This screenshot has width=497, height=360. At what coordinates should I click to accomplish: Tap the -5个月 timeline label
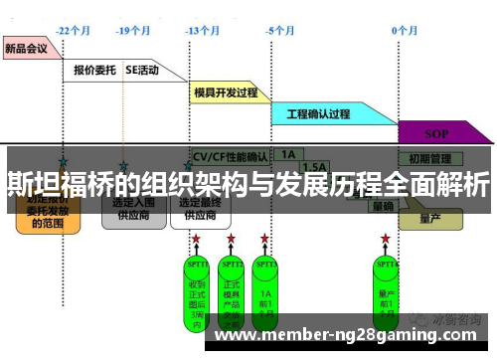tap(280, 31)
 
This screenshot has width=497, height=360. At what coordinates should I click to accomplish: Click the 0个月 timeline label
tap(405, 31)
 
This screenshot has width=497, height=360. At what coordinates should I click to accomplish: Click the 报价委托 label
tap(95, 71)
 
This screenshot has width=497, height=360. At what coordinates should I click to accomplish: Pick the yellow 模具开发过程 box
tap(228, 92)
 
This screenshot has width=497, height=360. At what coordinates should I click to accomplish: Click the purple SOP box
tap(436, 133)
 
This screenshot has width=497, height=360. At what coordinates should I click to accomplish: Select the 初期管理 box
tap(428, 157)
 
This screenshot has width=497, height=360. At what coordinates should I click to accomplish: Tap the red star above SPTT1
tap(196, 240)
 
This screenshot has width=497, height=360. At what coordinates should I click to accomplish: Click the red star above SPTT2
tap(231, 240)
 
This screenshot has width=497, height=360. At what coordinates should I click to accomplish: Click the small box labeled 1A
tap(288, 155)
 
